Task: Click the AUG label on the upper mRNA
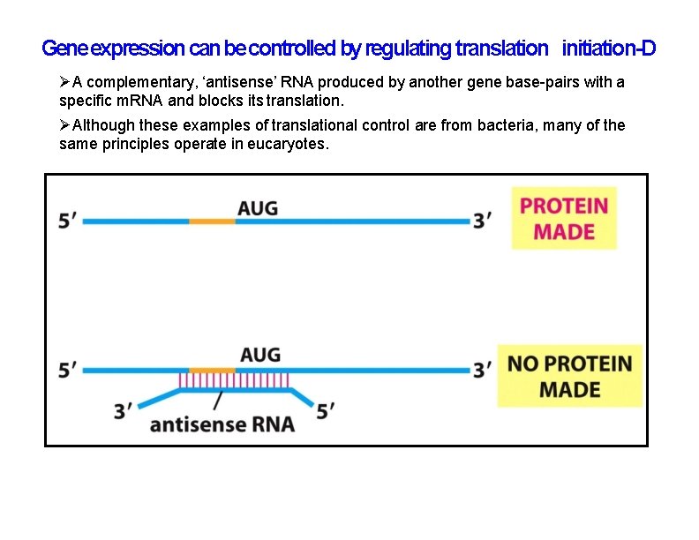[258, 208]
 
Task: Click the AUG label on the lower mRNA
[260, 355]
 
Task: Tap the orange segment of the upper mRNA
[212, 222]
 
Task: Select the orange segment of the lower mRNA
[212, 370]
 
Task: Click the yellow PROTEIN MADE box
[564, 218]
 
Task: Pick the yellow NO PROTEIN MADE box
[569, 376]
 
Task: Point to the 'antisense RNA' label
[222, 424]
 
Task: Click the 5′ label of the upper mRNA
[67, 221]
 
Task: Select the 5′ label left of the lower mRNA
[67, 369]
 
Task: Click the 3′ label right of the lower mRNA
[483, 369]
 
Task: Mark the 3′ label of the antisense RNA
[124, 410]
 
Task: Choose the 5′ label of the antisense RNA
[325, 410]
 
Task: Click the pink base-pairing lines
[238, 380]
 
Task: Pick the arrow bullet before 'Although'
[64, 125]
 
